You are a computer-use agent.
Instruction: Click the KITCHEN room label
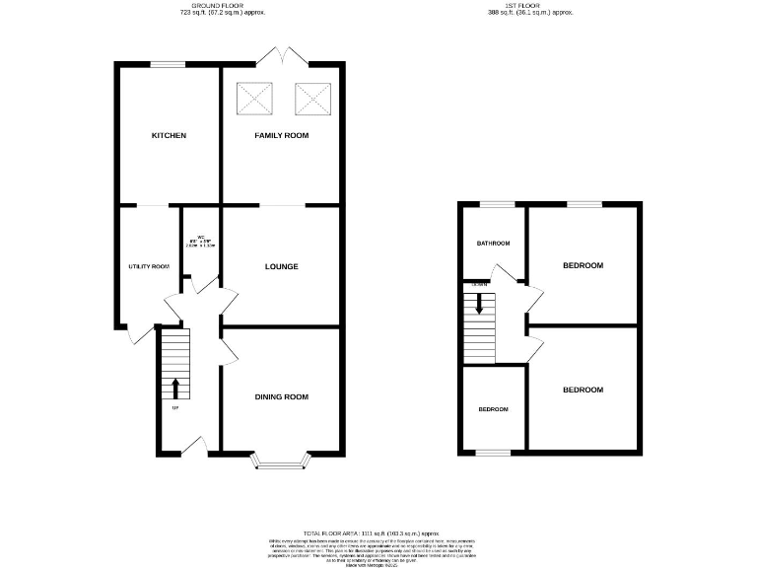(169, 135)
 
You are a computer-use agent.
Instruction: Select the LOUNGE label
(282, 266)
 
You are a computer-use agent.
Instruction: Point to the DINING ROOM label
(282, 397)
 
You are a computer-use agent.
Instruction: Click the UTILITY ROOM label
(150, 266)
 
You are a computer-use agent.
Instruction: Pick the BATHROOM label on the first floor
(494, 244)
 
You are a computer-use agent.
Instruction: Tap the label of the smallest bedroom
(494, 409)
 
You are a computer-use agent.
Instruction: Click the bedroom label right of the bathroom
(583, 265)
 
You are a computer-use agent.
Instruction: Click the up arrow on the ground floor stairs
(175, 388)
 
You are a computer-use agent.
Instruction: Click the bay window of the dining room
(282, 460)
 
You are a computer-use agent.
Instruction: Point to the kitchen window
(169, 65)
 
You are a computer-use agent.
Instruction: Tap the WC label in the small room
(200, 237)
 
